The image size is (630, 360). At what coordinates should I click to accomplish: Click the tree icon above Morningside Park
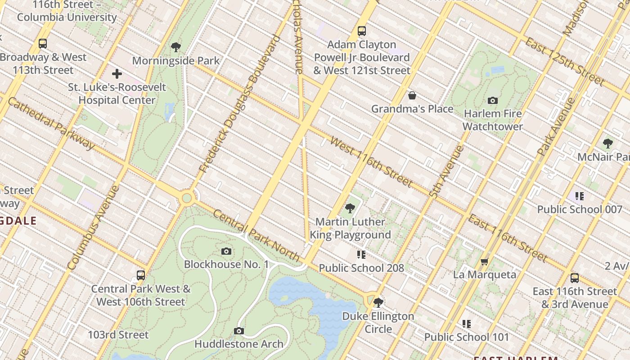coord(176,47)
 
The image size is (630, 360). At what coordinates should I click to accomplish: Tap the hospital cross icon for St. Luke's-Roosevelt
coord(117,73)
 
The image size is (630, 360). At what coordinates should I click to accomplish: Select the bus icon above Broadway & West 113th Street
coord(43,44)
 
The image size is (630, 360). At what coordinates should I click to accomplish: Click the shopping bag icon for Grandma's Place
coord(412,95)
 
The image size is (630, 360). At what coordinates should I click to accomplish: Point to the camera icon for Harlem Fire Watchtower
coord(493,100)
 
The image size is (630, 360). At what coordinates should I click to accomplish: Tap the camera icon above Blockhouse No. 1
coord(226,251)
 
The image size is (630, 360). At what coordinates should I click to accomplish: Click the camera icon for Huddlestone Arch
coord(239,331)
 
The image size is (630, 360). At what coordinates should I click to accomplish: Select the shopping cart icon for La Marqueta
coord(485,261)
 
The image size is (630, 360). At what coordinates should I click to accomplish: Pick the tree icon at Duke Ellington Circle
coord(378,302)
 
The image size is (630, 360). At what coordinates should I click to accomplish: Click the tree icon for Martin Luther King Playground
coord(350,208)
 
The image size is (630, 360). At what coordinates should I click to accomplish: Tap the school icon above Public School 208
coord(361,255)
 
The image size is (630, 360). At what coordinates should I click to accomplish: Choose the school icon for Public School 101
coord(467,324)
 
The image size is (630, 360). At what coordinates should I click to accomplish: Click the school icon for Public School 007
coord(580,196)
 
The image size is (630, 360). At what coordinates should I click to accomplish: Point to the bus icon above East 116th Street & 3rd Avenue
coord(575,278)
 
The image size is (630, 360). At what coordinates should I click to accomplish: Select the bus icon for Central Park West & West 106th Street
coord(141,275)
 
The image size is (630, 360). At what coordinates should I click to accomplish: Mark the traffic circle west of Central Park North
coord(187,198)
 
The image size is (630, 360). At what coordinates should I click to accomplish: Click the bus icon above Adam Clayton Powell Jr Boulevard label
coord(362,31)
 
